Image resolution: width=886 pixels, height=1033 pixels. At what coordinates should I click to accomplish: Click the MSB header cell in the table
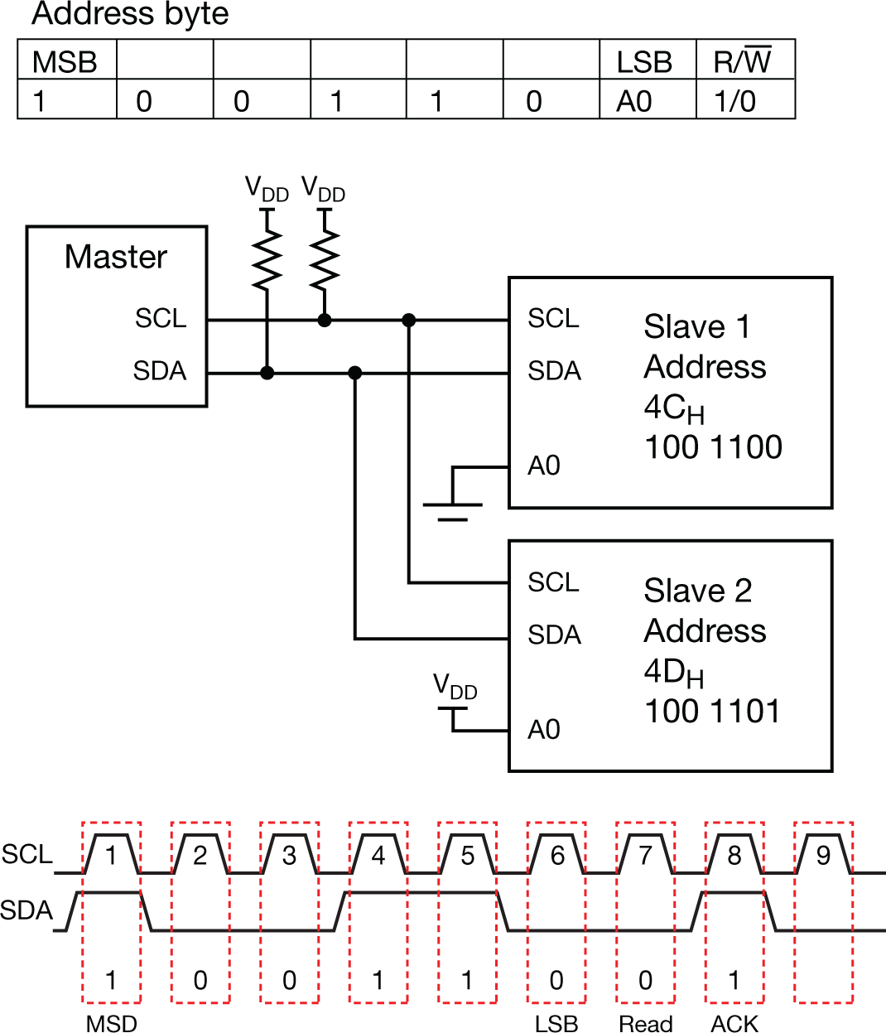click(65, 62)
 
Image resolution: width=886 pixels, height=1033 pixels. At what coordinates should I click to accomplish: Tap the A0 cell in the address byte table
click(634, 101)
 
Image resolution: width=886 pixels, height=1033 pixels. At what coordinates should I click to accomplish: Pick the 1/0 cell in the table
click(734, 101)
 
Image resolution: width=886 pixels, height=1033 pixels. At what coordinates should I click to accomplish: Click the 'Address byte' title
click(130, 15)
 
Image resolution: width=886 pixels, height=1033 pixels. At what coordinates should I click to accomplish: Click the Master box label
click(116, 257)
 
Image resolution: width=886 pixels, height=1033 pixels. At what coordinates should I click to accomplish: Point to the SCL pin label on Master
click(161, 318)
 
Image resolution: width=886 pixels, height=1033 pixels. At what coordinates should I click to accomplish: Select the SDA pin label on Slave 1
click(554, 371)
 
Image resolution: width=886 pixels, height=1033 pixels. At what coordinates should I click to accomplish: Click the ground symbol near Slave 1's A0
click(452, 507)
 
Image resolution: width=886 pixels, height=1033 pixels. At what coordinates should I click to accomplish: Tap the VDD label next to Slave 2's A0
click(455, 687)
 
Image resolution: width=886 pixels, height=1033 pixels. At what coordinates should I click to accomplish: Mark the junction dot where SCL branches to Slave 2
click(408, 320)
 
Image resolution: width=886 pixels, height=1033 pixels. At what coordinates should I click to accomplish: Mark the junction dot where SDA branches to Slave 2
click(355, 373)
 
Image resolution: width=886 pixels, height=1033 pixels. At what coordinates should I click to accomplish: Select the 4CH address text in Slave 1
click(673, 408)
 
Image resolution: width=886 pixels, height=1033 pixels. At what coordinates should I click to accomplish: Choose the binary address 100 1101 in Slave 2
click(712, 711)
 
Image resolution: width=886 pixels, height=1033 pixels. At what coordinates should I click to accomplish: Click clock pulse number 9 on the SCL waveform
click(823, 855)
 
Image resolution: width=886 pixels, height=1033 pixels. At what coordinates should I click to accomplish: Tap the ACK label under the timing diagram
click(734, 1024)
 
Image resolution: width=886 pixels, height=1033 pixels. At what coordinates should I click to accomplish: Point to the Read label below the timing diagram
click(645, 1024)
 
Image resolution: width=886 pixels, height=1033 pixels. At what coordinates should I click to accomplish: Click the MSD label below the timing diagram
click(111, 1024)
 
